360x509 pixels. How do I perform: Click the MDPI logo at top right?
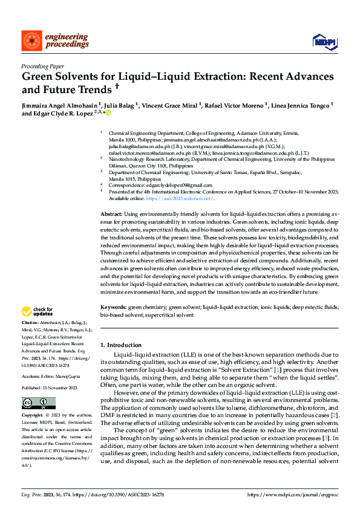tap(322, 40)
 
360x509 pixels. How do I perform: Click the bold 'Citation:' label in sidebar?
tap(31, 324)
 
